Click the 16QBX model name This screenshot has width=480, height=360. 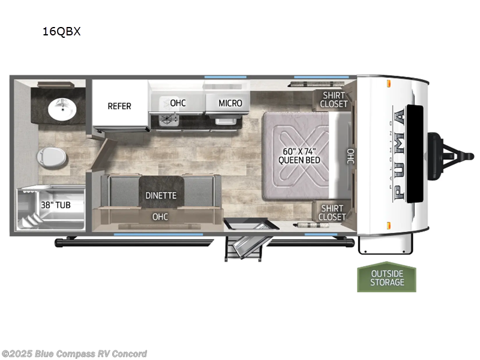[61, 32]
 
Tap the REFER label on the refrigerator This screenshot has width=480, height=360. [119, 106]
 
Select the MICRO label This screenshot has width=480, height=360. [230, 103]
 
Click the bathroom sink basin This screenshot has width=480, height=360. [62, 109]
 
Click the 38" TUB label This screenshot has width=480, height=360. [56, 205]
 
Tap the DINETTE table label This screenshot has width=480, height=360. [161, 196]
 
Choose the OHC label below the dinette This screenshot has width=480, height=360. [160, 217]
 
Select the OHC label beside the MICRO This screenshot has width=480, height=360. [178, 103]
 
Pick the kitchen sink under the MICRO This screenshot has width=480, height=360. [226, 121]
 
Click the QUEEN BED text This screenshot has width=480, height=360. [299, 160]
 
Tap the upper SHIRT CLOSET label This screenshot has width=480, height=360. [334, 100]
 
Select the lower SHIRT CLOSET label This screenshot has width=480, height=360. [332, 213]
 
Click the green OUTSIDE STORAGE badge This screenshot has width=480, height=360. [386, 277]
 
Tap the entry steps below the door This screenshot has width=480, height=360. [244, 248]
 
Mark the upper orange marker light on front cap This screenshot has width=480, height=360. [388, 83]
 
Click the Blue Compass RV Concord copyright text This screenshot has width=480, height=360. [74, 354]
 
